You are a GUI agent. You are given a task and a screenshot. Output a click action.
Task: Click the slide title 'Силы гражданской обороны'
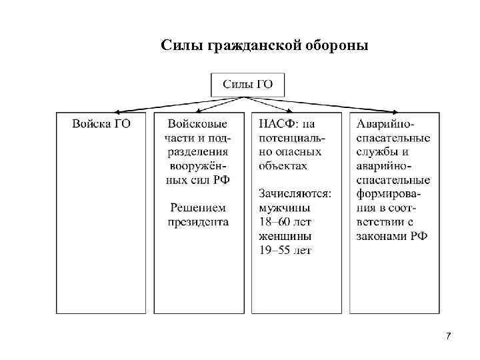pyautogui.click(x=264, y=45)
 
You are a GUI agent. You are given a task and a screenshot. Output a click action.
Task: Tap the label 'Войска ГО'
pyautogui.click(x=101, y=123)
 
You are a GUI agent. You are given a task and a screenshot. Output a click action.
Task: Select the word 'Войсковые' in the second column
pyautogui.click(x=198, y=123)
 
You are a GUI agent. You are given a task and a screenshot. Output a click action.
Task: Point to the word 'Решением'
pyautogui.click(x=198, y=208)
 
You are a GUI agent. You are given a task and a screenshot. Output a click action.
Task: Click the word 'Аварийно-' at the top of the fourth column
pyautogui.click(x=385, y=124)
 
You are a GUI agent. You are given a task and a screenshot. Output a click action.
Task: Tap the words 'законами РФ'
pyautogui.click(x=392, y=236)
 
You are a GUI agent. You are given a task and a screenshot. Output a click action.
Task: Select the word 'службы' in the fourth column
pyautogui.click(x=378, y=152)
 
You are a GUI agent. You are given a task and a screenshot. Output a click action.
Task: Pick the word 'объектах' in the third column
pyautogui.click(x=283, y=166)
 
